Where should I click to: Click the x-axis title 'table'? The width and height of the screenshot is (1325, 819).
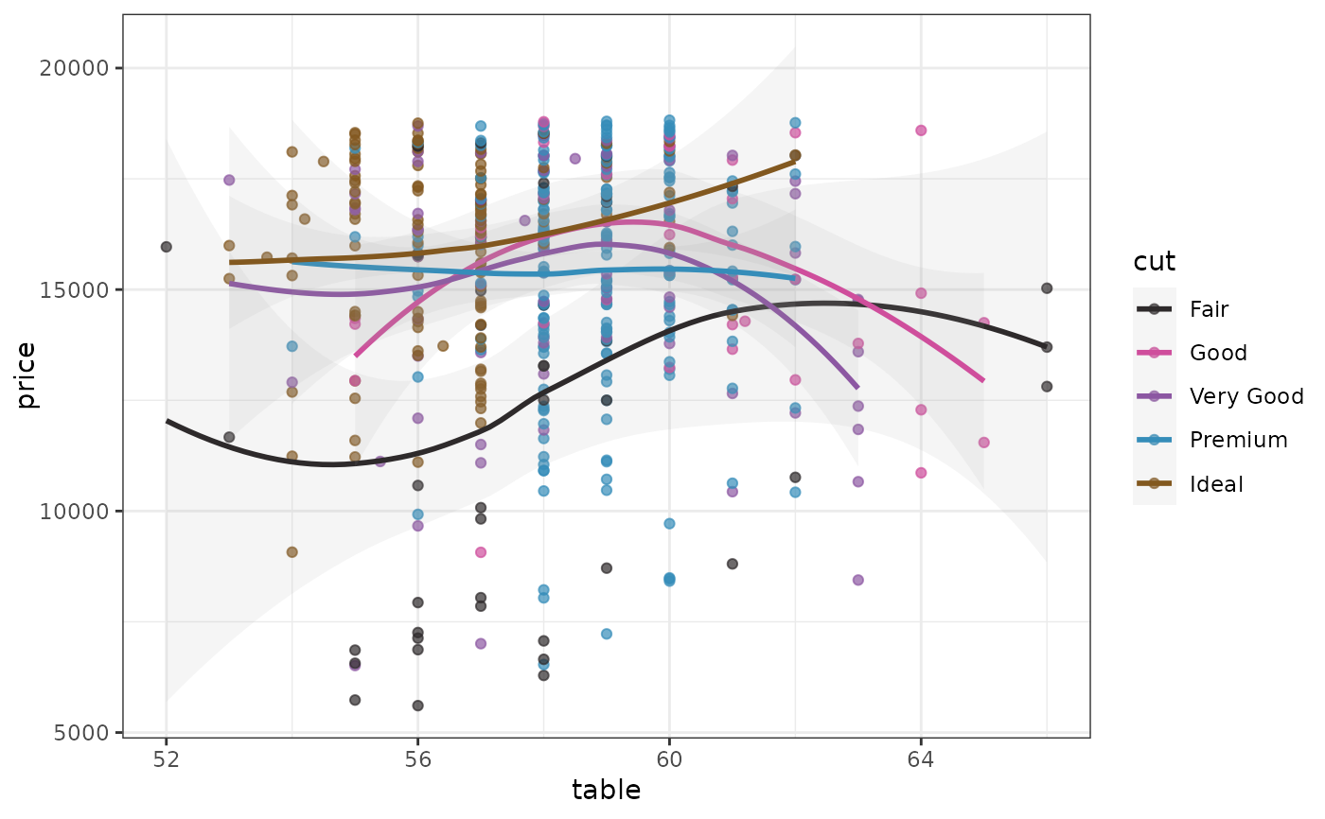pos(606,791)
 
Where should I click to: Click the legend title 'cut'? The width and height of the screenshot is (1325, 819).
pos(1155,264)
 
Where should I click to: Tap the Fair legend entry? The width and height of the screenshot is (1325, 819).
pos(1210,309)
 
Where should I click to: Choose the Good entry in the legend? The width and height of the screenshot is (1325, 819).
pos(1219,353)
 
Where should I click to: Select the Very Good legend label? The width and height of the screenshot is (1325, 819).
pos(1246,396)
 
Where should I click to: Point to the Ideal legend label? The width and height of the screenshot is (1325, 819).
pos(1216,484)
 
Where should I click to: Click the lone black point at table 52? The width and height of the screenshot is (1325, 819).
pos(167,247)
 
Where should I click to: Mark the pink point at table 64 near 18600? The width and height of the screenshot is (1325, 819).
pos(921,131)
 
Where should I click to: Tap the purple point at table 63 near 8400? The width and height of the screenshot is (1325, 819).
pos(858,580)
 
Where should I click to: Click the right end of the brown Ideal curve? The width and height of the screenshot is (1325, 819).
pos(794,161)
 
